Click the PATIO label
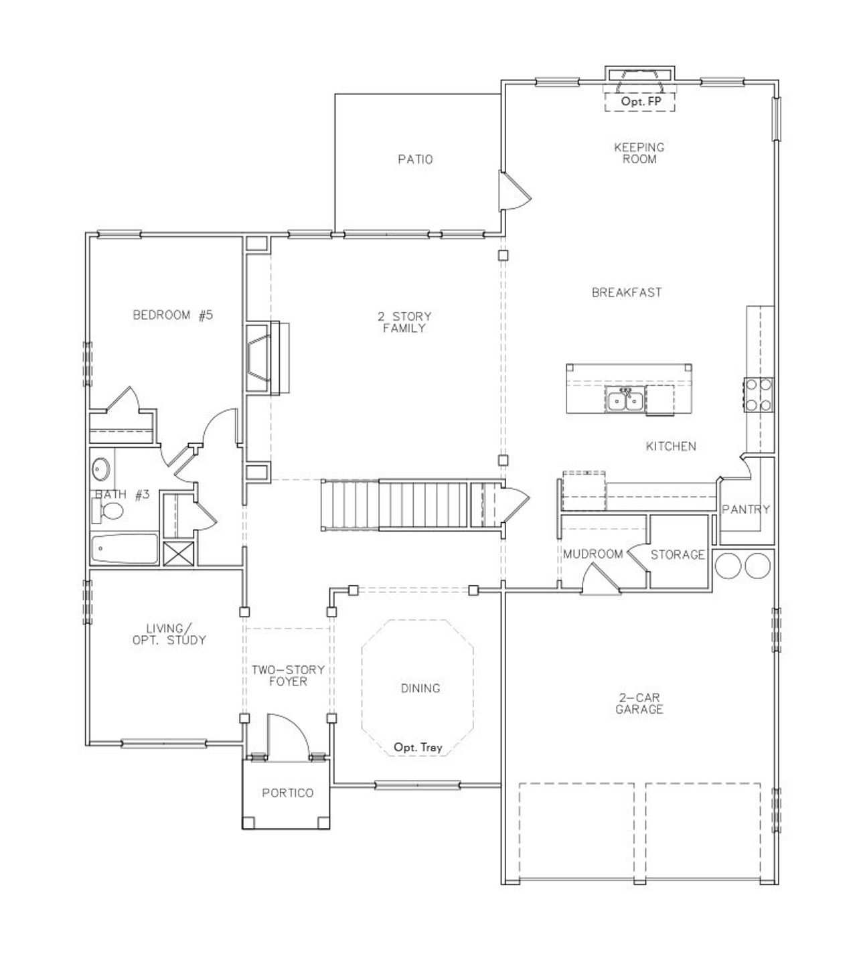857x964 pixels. pos(415,159)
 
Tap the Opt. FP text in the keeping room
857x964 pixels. pos(639,102)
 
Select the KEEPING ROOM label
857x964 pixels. pos(639,153)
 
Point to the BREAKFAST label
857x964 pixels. pos(627,293)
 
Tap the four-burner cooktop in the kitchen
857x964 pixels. pos(757,394)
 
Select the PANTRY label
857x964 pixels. pos(746,509)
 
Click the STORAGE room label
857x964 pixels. pos(678,554)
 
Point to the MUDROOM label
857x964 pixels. pos(593,554)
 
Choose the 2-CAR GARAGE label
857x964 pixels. pos(639,704)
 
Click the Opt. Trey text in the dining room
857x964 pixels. pos(418,747)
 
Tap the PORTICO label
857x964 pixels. pos(287,793)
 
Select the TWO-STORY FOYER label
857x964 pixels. pos(288,675)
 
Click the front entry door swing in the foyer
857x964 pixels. pos(287,736)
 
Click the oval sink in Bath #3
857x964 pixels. pos(101,469)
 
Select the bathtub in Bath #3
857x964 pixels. pos(125,550)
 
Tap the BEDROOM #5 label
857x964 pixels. pos(173,315)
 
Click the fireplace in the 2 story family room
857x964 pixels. pos(262,358)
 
